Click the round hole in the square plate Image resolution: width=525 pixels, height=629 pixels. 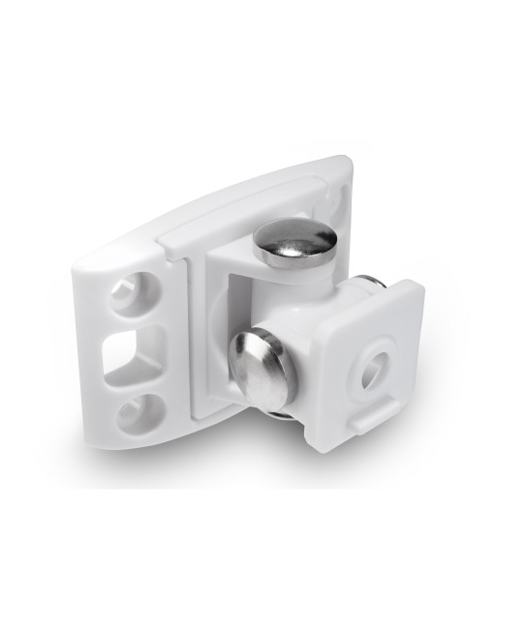point(376,365)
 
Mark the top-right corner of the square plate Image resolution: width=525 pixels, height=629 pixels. point(419,285)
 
